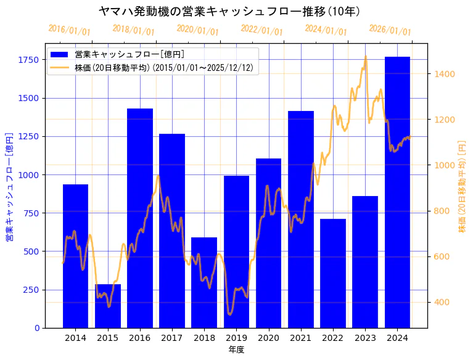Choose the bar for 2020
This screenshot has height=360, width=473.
tap(268, 243)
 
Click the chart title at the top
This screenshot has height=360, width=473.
tap(229, 11)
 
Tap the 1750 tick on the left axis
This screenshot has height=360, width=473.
tap(28, 60)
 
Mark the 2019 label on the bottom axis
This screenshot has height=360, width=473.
tap(236, 338)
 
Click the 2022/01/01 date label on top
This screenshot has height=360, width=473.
tap(261, 30)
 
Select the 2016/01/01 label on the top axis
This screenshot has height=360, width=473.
tap(69, 30)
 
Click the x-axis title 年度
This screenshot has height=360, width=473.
tap(236, 350)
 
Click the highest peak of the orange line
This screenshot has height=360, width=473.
tap(366, 57)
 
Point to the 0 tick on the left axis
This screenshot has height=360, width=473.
tap(37, 328)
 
